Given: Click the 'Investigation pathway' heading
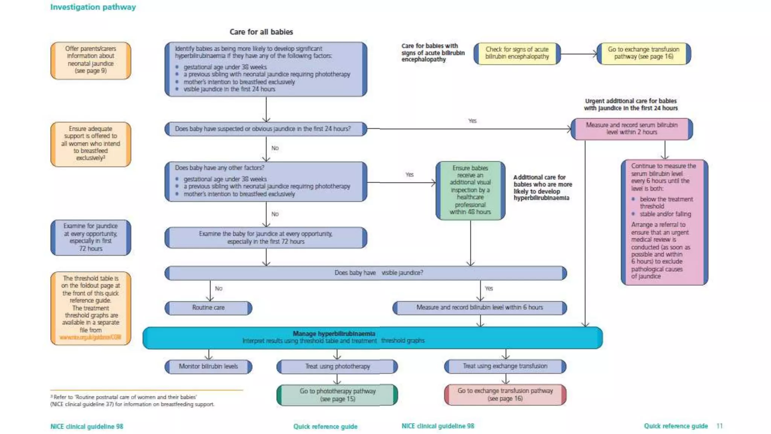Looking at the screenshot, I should pyautogui.click(x=93, y=7).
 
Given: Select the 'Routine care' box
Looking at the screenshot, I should pyautogui.click(x=208, y=308).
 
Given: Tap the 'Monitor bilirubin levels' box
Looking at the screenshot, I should pyautogui.click(x=208, y=366).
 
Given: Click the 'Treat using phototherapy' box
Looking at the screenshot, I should pyautogui.click(x=337, y=366).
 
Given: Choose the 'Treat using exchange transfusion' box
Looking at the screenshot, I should pyautogui.click(x=505, y=366).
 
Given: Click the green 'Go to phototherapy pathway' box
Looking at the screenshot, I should pyautogui.click(x=337, y=395).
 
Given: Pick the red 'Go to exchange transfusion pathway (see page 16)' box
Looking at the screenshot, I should pyautogui.click(x=505, y=395).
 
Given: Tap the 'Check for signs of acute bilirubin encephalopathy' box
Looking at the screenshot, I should pyautogui.click(x=517, y=53).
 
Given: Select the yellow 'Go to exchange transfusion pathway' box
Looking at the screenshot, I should pyautogui.click(x=643, y=53).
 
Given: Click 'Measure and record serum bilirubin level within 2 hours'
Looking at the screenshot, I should pyautogui.click(x=631, y=128).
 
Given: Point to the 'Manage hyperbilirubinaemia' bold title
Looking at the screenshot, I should pyautogui.click(x=334, y=334).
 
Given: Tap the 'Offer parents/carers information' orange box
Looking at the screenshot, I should pyautogui.click(x=91, y=60).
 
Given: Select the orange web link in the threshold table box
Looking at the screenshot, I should pyautogui.click(x=90, y=337).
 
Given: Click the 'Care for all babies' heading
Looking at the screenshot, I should pyautogui.click(x=261, y=32).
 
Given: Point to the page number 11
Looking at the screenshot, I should pyautogui.click(x=719, y=426).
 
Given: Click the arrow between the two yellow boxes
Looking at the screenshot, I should pyautogui.click(x=579, y=54).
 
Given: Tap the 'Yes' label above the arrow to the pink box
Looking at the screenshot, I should pyautogui.click(x=472, y=121).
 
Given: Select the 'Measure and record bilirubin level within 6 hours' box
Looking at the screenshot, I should pyautogui.click(x=479, y=307).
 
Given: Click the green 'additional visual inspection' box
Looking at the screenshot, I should pyautogui.click(x=470, y=190).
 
